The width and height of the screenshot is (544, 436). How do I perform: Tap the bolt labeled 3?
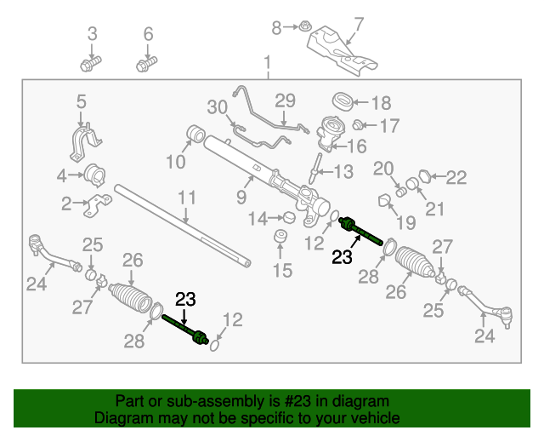[91, 63]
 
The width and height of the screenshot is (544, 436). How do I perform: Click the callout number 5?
[81, 101]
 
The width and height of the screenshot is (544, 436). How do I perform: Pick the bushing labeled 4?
[93, 176]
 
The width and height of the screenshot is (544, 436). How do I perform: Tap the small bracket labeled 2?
[100, 205]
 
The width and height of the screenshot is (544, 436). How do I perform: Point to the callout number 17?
[388, 127]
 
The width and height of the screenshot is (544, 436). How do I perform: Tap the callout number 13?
[342, 172]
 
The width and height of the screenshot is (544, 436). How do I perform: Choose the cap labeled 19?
[384, 200]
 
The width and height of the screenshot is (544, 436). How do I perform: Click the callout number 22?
[456, 177]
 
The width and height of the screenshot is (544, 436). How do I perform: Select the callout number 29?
[283, 100]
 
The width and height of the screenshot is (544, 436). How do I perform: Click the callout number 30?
[218, 107]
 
